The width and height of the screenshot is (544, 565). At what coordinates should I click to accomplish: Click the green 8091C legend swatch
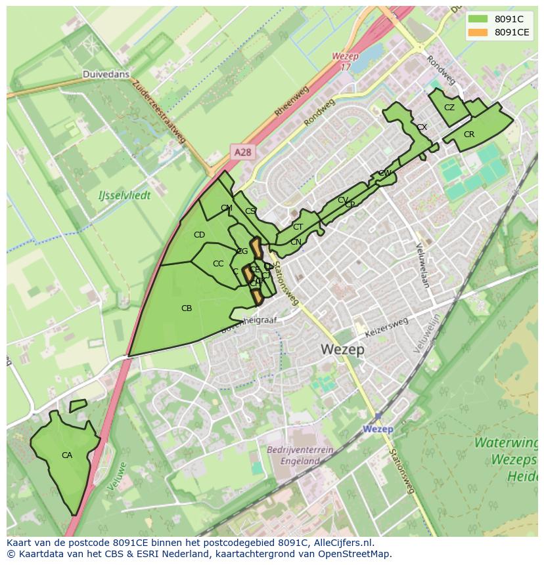pos(478,19)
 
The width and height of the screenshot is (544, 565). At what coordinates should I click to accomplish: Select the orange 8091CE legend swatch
pos(478,32)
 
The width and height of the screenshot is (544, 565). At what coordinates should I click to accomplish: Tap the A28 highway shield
pos(242,152)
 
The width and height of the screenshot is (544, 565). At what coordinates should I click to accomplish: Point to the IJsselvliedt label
pos(124,195)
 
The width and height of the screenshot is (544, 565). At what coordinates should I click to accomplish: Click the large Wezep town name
pos(343,350)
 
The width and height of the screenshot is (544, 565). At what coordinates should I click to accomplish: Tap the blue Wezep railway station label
pos(378,429)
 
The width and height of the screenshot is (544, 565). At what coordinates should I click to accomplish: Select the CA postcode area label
pos(67,455)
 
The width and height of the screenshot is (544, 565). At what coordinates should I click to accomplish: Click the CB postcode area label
pos(187,308)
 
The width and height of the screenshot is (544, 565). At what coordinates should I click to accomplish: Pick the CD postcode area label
pos(199,234)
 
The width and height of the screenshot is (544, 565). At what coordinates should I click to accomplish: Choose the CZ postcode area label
pos(449,108)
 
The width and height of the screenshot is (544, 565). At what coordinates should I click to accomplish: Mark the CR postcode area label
pos(468,135)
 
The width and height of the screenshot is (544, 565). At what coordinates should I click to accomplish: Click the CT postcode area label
pos(298,227)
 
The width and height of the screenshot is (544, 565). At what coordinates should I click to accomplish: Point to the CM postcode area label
pos(227,208)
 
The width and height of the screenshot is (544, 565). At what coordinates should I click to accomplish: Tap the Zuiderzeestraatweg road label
pos(159,112)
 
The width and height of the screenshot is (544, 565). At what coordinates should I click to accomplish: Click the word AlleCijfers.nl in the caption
pos(344,543)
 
